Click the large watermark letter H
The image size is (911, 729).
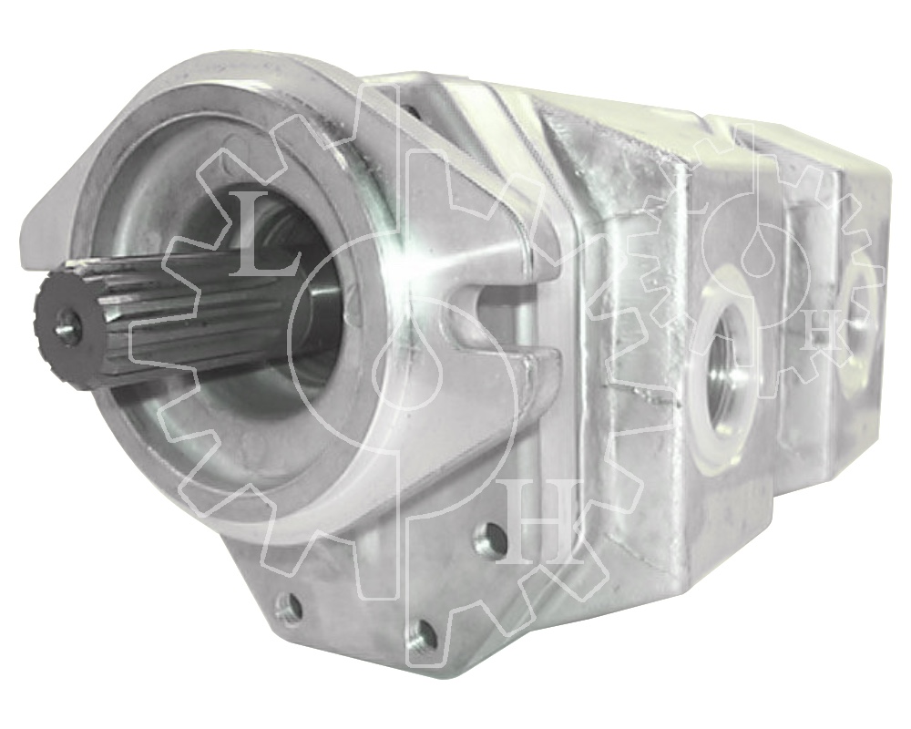click(539, 522)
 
